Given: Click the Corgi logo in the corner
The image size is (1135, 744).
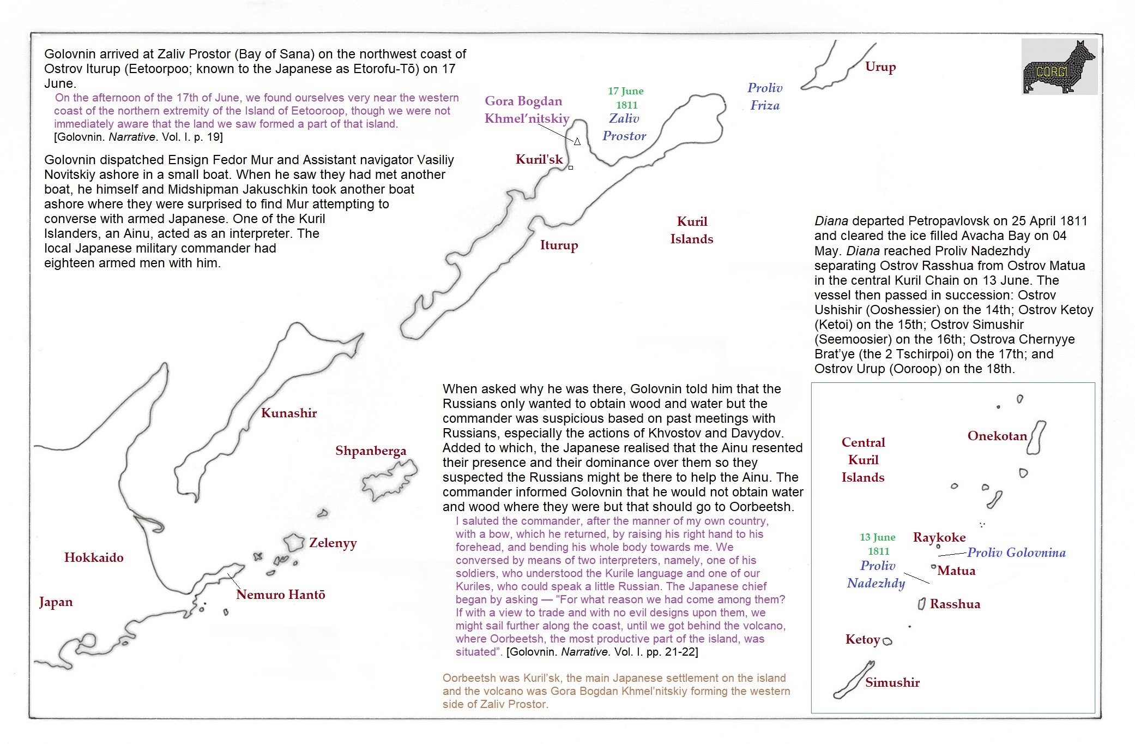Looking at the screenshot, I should (x=1059, y=67).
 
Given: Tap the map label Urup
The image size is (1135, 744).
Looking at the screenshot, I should (x=880, y=67).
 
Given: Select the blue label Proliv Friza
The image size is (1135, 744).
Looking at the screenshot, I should (x=764, y=97).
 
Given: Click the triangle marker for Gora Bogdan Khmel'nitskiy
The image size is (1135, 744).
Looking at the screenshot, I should (x=577, y=142).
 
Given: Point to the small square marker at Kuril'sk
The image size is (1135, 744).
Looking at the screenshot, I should (x=571, y=167).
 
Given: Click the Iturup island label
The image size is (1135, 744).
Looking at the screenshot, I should (x=559, y=245).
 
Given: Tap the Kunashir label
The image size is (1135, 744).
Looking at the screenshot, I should (x=288, y=413).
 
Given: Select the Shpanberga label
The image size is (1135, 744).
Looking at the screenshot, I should (x=370, y=451).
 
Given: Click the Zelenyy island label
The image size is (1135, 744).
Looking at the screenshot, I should (x=333, y=543).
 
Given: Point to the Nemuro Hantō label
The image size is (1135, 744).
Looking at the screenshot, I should (x=280, y=595).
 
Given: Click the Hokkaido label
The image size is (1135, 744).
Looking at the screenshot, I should (x=94, y=557).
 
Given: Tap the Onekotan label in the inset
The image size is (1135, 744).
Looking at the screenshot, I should (x=997, y=436).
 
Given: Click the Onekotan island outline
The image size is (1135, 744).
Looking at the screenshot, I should (x=1036, y=437).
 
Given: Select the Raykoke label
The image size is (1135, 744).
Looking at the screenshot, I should (x=939, y=537).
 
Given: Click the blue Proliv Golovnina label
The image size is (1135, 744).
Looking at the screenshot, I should (x=1016, y=553).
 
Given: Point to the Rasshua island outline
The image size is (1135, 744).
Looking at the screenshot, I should (x=921, y=604).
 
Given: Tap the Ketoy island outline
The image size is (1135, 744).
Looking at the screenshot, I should (x=887, y=641).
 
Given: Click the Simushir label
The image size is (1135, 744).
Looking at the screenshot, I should (x=892, y=682).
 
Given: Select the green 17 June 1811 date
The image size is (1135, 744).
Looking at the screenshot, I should (x=626, y=98).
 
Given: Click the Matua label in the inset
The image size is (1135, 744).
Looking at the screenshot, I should (x=956, y=571).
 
